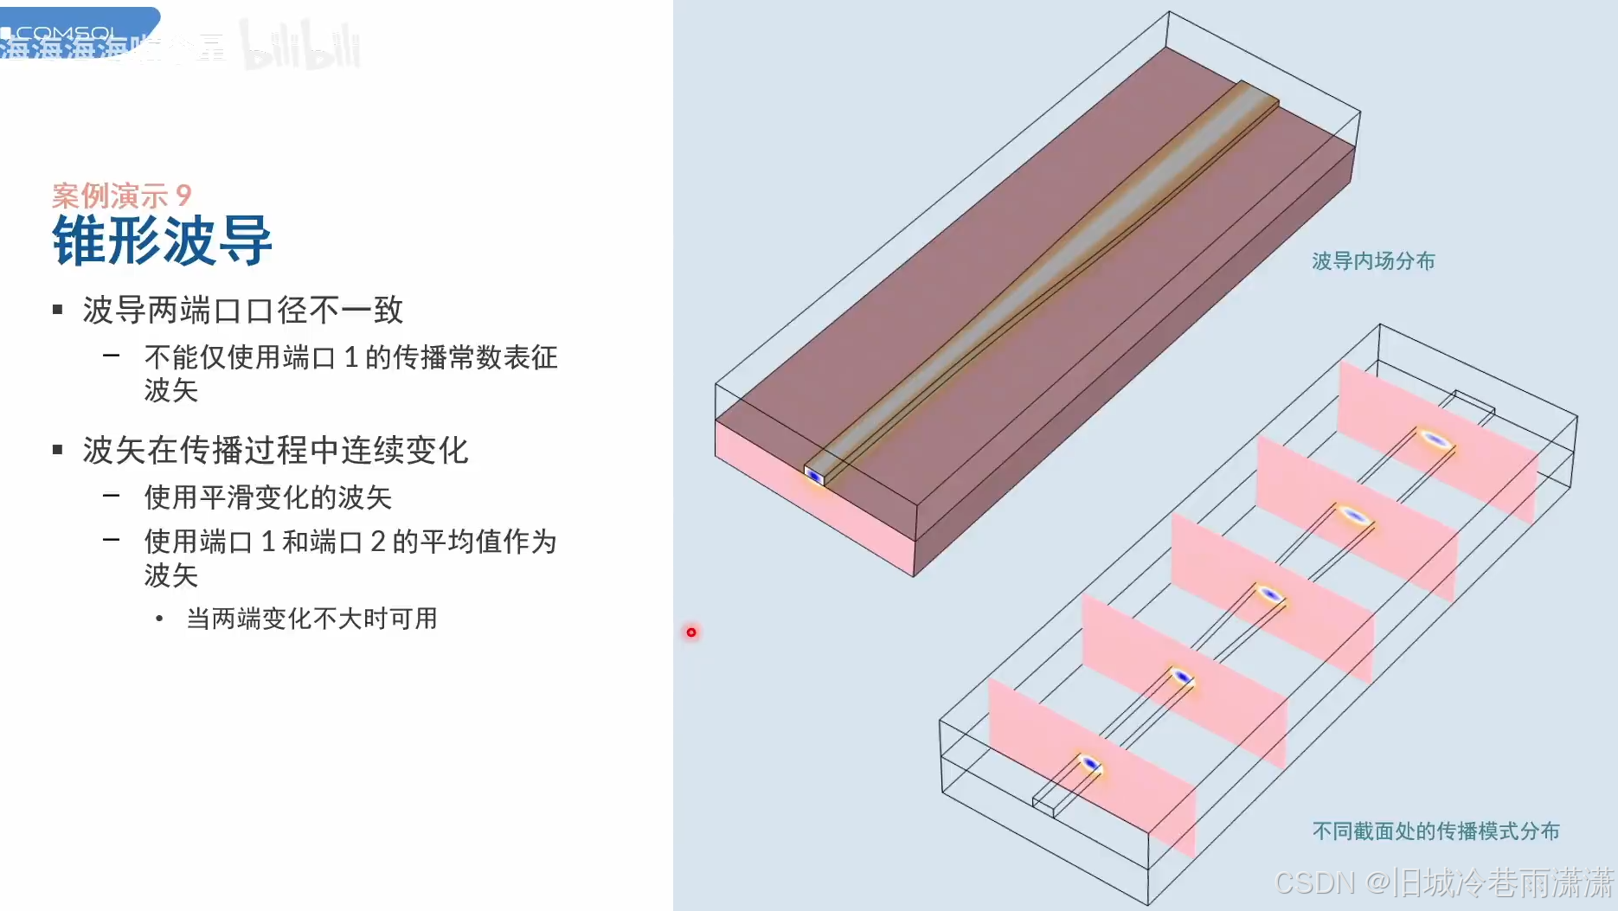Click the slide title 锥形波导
163,241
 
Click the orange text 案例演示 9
121,196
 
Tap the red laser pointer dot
691,632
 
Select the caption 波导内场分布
1373,261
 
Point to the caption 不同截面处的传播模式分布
1435,831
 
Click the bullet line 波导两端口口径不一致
243,310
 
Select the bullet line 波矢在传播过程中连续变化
275,450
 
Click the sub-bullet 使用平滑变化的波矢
268,497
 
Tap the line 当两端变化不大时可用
311,619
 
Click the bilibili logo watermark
301,45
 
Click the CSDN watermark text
1443,882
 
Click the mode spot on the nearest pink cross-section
1090,764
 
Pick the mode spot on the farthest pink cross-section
1435,439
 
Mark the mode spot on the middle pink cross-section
1269,594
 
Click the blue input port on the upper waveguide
814,476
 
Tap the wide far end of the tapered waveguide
1259,95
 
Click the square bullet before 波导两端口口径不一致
58,310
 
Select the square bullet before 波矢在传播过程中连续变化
58,450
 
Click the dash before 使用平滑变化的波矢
111,496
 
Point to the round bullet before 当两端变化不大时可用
159,619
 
